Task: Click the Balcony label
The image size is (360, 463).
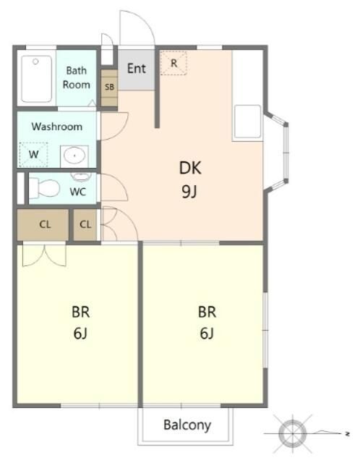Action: point(187,425)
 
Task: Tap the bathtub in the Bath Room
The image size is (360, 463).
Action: point(37,79)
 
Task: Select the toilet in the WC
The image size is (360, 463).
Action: point(45,188)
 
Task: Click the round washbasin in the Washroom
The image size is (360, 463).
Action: point(74,156)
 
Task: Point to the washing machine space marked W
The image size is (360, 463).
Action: point(33,154)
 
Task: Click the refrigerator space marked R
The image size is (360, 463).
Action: point(173,63)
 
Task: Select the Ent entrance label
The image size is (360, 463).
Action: point(137,69)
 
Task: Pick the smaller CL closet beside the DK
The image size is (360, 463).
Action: point(85,224)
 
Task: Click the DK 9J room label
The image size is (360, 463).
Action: point(190,179)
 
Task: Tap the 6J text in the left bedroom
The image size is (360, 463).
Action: point(80,334)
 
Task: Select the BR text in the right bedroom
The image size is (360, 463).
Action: point(207,313)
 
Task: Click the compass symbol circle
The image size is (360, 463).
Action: point(292,433)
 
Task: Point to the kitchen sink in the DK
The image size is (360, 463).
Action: point(247,122)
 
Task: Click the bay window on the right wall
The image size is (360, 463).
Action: point(277,153)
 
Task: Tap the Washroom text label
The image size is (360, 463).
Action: point(57,127)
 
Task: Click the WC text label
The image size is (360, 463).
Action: point(78,192)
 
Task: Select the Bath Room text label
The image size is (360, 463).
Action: point(76,77)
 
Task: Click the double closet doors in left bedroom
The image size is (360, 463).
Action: point(44,255)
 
